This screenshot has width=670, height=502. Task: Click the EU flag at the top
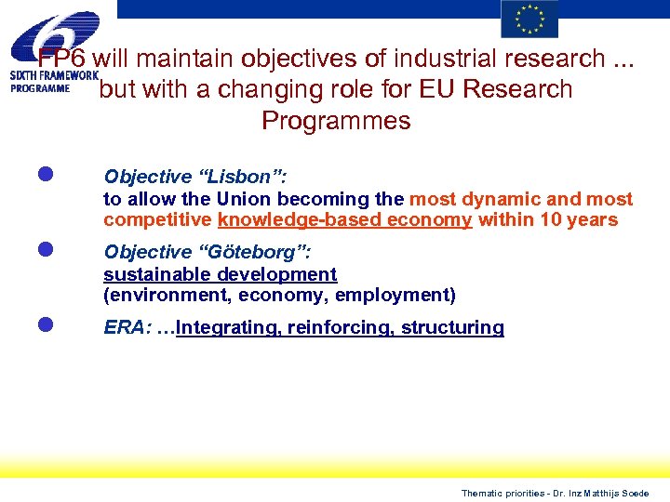pos(529,20)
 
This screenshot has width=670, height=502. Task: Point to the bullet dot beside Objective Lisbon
pos(45,174)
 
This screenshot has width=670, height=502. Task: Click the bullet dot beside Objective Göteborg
pos(45,250)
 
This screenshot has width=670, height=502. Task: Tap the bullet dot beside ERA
pos(45,325)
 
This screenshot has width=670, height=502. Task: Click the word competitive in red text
pos(158,219)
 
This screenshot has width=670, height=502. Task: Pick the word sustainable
pos(156,274)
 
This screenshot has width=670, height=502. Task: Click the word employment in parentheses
pos(393,296)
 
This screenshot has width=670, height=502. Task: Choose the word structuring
pos(452,327)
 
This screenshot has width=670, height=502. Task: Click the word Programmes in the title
pos(336,121)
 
